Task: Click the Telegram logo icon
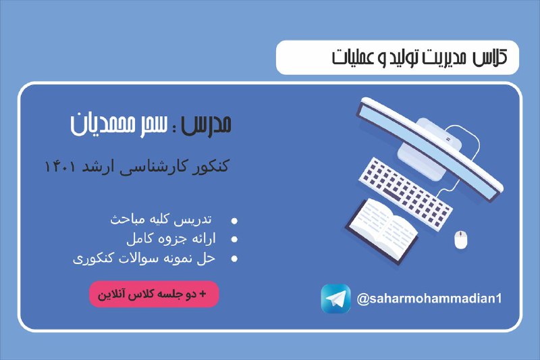click(335, 299)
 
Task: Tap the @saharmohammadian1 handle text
click(429, 299)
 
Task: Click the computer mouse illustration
click(461, 240)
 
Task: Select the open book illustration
click(382, 231)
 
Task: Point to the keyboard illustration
click(406, 193)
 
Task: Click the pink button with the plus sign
click(154, 294)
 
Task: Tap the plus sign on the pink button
click(202, 294)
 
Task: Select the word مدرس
click(206, 124)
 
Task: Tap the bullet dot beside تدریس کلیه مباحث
click(234, 221)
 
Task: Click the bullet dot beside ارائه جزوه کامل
click(234, 239)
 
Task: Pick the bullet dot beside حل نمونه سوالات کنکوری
click(234, 259)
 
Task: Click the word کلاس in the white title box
click(490, 57)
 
